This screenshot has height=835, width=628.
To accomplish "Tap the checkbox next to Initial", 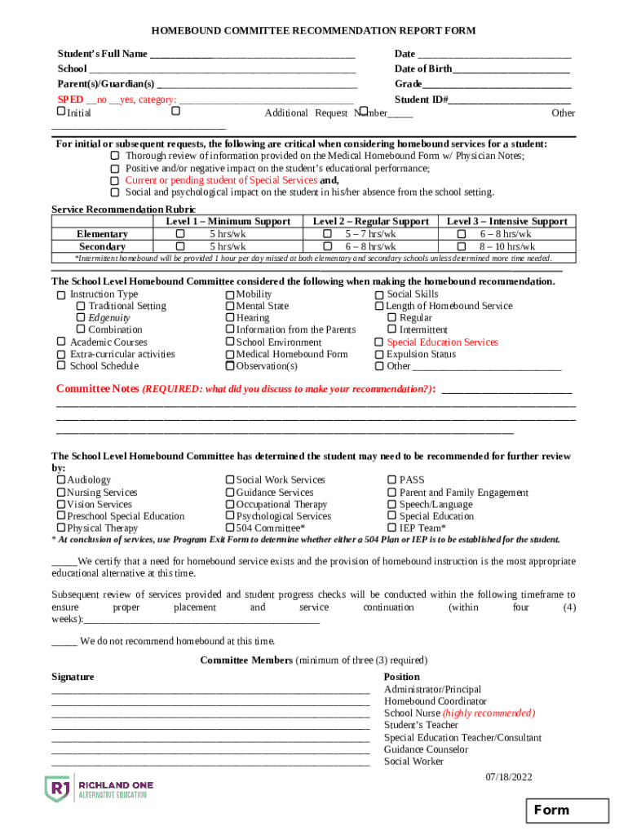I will [61, 111].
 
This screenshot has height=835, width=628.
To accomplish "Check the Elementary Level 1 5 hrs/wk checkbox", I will [180, 234].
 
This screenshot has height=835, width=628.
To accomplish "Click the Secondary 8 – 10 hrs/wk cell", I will [506, 246].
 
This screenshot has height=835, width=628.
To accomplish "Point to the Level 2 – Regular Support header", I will [370, 222].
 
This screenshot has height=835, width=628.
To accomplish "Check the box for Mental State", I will [230, 307].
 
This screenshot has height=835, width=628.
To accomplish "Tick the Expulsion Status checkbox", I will [379, 355].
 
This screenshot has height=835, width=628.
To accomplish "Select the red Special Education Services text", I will [442, 342].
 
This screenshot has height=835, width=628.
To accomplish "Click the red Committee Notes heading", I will [98, 389].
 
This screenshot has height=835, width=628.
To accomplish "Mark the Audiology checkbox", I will [61, 480].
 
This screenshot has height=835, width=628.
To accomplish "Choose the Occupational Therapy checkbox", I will [230, 505].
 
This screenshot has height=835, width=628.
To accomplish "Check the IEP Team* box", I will [391, 528].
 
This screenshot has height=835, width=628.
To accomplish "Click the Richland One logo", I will [98, 789].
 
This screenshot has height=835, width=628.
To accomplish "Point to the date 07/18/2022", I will [508, 777].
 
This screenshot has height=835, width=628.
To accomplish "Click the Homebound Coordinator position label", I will [436, 701].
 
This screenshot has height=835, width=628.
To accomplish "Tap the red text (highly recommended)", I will [489, 714].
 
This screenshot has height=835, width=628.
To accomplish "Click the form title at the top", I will [313, 31].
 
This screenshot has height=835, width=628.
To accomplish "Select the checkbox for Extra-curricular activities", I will [61, 355].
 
